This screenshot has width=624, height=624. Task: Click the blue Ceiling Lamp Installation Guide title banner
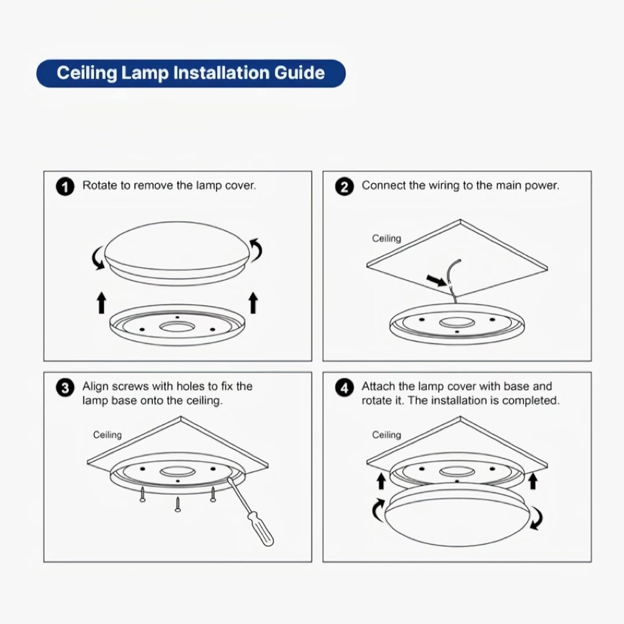pos(191,73)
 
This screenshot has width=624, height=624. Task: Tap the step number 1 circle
pos(65,187)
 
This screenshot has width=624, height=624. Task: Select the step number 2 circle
pos(344,187)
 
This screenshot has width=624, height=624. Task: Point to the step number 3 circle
pos(65,388)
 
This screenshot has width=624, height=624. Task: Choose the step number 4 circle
pos(344,388)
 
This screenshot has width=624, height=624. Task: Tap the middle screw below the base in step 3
pos(178,504)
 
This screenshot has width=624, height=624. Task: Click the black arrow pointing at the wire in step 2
pos(437,281)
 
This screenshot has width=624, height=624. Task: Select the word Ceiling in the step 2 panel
pos(386,238)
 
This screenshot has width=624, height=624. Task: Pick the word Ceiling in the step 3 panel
pos(107,435)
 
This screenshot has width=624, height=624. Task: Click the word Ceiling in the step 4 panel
pos(386,435)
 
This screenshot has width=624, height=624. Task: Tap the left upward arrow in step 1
pos(102,302)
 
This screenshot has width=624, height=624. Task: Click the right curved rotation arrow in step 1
pos(256,250)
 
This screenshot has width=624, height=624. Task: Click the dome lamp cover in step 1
pos(177,252)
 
